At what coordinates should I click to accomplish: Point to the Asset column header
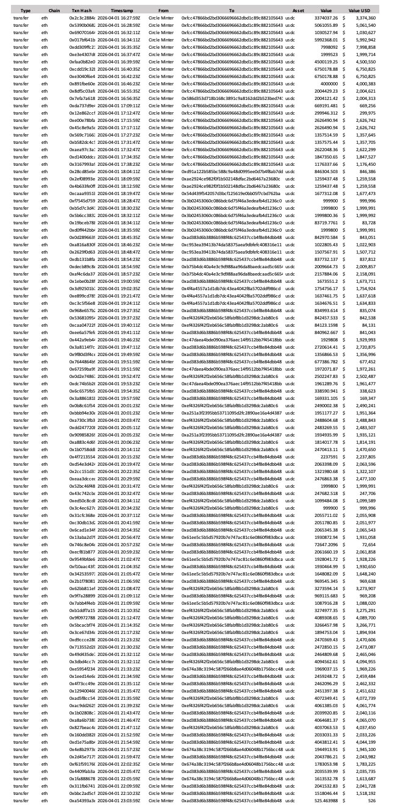pyautogui.click(x=298, y=11)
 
